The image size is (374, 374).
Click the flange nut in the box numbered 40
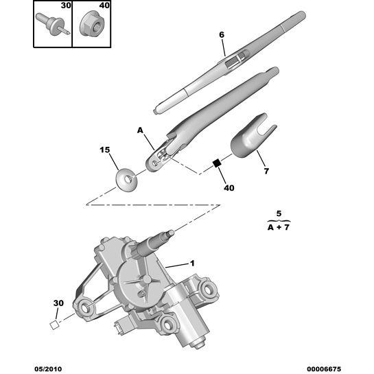pyautogui.click(x=91, y=23)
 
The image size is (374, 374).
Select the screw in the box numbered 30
pyautogui.click(x=52, y=25)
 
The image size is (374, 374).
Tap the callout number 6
pyautogui.click(x=222, y=35)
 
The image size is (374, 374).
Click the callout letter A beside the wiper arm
pyautogui.click(x=140, y=130)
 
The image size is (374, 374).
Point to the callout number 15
pyautogui.click(x=105, y=150)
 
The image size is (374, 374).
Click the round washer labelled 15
pyautogui.click(x=126, y=180)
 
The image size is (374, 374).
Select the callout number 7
pyautogui.click(x=266, y=171)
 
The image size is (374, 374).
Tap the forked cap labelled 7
pyautogui.click(x=253, y=136)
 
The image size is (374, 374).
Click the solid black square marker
pyautogui.click(x=217, y=163)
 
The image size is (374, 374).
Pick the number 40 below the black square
pyautogui.click(x=229, y=188)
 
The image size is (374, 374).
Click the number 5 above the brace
pyautogui.click(x=279, y=213)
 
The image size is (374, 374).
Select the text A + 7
pyautogui.click(x=279, y=227)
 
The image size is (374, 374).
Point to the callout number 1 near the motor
pyautogui.click(x=192, y=264)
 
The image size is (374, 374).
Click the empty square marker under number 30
pyautogui.click(x=54, y=325)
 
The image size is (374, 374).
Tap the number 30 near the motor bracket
pyautogui.click(x=58, y=303)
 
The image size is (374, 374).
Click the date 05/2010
pyautogui.click(x=48, y=369)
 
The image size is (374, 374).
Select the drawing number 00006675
pyautogui.click(x=324, y=369)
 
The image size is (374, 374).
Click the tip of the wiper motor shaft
pyautogui.click(x=172, y=233)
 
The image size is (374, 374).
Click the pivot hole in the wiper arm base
pyautogui.click(x=155, y=163)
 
